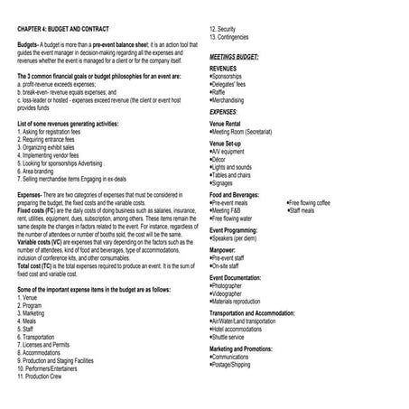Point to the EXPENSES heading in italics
(x=227, y=111)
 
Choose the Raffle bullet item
(x=222, y=92)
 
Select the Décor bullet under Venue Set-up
(x=222, y=159)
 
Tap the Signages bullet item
(x=227, y=182)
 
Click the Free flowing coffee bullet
(x=311, y=203)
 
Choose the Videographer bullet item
(x=232, y=293)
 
